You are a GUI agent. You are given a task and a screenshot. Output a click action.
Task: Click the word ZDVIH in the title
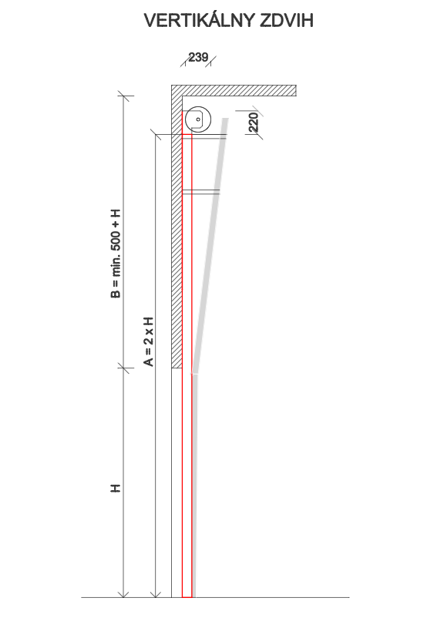tap(287, 21)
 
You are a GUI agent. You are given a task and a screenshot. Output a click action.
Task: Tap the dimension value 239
tap(198, 57)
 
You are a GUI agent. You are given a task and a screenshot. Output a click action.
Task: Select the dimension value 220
tap(254, 123)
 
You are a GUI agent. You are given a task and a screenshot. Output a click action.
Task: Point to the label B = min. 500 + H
tap(116, 254)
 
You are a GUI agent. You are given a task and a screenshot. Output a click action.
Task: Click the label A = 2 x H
tap(148, 341)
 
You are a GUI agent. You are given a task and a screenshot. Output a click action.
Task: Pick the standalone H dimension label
tap(116, 489)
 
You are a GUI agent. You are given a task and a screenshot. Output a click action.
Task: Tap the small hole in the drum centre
tap(198, 119)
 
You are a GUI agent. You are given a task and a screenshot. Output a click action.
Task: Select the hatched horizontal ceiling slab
tap(234, 90)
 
